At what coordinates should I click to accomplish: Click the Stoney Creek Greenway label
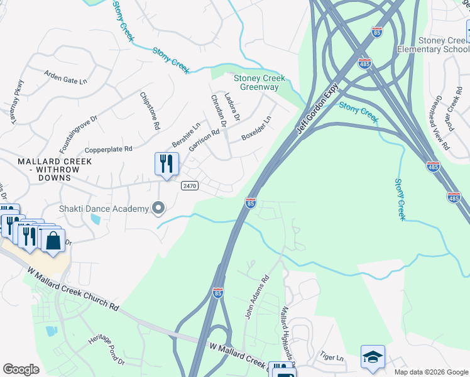(260, 83)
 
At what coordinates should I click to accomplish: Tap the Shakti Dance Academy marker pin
(158, 207)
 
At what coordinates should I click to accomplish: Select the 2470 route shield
(190, 186)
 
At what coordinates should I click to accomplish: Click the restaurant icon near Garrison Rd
(167, 164)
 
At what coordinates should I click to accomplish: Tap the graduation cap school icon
(373, 357)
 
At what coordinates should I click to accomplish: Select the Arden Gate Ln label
(65, 76)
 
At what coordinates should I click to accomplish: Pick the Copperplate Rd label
(109, 150)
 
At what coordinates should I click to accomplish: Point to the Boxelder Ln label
(256, 128)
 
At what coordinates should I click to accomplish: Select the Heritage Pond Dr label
(106, 349)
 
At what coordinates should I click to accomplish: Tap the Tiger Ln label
(332, 356)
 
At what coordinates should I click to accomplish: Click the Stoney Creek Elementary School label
(443, 45)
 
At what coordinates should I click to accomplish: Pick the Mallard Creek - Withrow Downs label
(55, 166)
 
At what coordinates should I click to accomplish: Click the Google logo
(21, 369)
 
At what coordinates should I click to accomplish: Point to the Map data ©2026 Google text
(430, 372)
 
